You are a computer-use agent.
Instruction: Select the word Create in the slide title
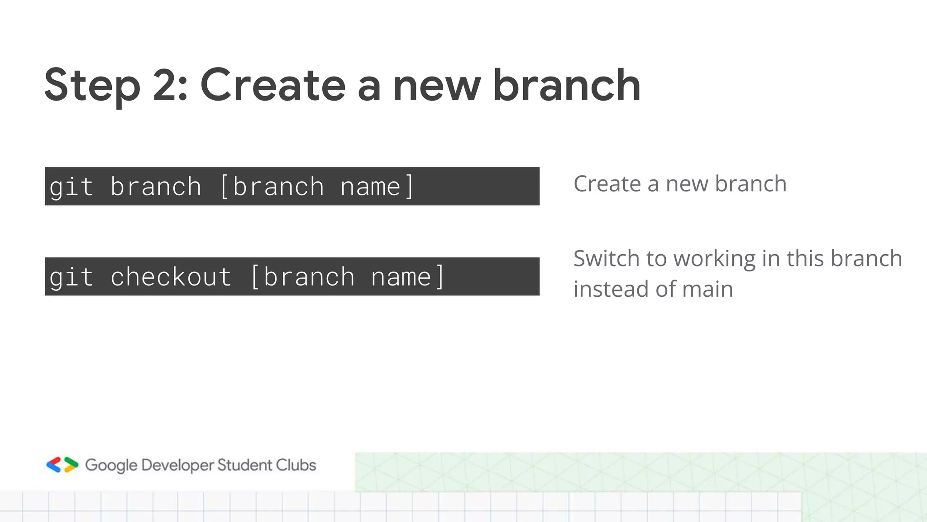[273, 85]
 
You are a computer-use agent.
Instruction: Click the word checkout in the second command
[171, 277]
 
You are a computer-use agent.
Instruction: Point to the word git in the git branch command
[71, 187]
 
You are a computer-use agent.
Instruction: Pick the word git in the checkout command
[71, 277]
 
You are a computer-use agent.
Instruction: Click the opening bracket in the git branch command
[224, 187]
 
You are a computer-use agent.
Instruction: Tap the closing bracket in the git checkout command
[440, 277]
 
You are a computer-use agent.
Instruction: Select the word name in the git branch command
[370, 187]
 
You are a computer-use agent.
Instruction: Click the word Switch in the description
[606, 259]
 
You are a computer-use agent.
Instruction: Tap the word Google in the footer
[111, 465]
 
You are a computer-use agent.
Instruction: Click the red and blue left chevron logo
[54, 465]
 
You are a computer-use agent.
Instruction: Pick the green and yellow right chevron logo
[71, 465]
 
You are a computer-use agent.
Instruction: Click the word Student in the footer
[244, 465]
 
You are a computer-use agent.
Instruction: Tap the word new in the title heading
[436, 86]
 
